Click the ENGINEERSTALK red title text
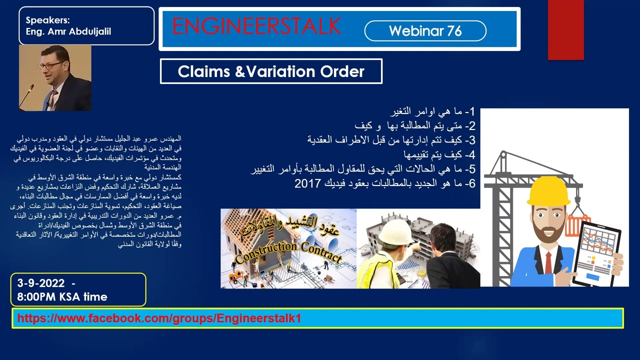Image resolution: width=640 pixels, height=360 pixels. coord(256,27)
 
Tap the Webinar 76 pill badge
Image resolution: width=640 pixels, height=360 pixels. coord(425,31)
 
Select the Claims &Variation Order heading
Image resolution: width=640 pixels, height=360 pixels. coord(271,71)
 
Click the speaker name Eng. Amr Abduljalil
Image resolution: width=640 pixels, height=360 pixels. coord(68,31)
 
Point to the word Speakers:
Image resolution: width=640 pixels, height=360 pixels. coord(48,20)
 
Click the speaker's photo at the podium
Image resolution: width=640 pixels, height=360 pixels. coord(55,77)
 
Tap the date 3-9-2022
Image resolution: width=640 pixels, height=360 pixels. coord(41,283)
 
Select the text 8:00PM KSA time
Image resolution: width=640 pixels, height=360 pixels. coord(62,297)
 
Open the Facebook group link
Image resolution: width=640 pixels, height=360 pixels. coord(159,318)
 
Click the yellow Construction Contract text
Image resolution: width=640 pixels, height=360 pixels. coord(288,251)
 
